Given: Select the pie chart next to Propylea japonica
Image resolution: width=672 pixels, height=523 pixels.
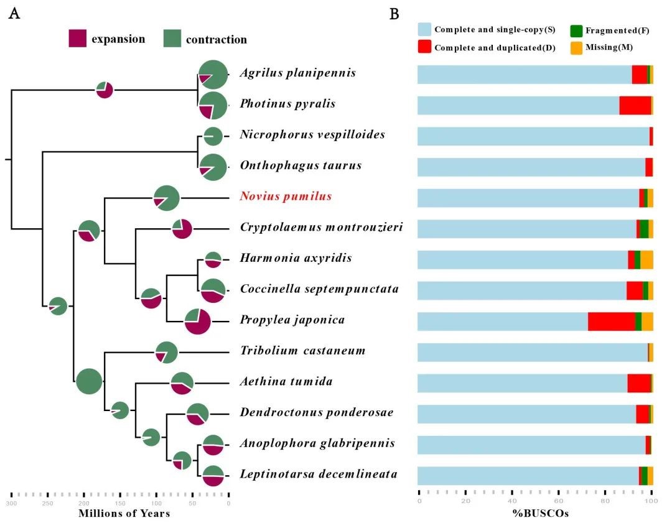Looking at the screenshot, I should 198,321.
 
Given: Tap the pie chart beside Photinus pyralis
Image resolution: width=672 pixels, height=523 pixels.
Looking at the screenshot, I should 213,105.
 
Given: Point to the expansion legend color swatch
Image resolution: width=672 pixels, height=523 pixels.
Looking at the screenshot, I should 77,39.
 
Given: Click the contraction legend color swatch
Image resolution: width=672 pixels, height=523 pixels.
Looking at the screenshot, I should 172,39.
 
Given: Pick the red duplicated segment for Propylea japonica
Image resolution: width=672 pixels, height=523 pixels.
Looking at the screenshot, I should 612,321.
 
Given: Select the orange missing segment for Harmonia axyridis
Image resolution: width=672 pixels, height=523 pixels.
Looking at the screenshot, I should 646,259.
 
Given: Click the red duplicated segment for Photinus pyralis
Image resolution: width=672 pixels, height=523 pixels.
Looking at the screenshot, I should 635,105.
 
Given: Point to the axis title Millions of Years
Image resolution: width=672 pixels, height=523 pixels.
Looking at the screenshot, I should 124,514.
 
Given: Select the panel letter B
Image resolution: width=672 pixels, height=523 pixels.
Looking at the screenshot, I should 394,14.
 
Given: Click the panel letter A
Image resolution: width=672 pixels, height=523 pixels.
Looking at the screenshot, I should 14,14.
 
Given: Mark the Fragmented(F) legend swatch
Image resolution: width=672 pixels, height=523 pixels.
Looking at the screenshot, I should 576,30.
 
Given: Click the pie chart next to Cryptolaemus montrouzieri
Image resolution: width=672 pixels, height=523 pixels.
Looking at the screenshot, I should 182,228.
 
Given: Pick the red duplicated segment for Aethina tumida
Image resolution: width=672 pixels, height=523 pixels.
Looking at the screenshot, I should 639,383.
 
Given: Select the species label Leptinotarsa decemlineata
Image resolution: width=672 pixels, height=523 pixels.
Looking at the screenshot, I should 319,474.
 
